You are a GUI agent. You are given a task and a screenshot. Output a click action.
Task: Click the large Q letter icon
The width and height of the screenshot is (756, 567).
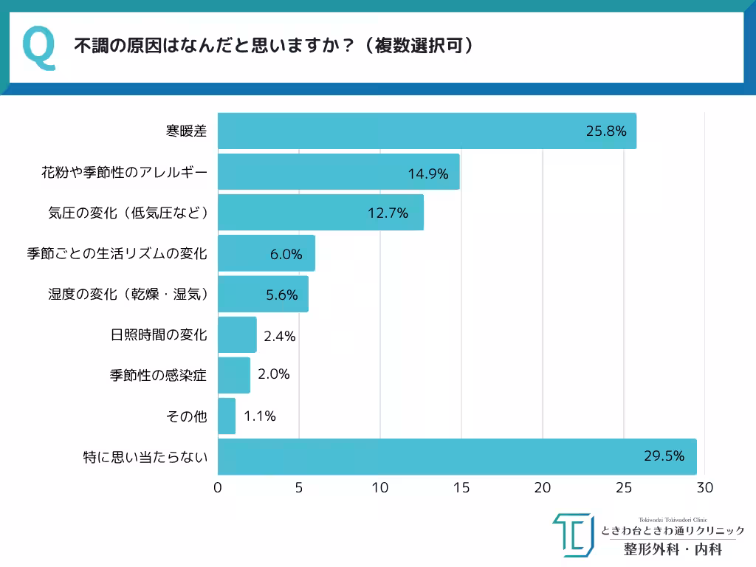click(x=39, y=47)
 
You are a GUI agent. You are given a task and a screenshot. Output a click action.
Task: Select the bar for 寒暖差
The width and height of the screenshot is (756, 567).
click(x=427, y=131)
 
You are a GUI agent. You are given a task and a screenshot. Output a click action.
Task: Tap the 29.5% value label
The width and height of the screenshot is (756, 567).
click(x=664, y=456)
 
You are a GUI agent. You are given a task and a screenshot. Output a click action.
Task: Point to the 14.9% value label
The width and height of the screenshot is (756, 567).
click(x=428, y=173)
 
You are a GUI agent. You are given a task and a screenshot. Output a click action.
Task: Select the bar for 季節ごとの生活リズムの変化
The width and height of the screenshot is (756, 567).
click(x=267, y=253)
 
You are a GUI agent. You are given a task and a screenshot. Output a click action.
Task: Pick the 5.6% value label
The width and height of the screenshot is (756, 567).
click(x=281, y=295)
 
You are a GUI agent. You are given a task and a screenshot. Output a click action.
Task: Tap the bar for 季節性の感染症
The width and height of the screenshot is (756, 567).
click(x=234, y=375)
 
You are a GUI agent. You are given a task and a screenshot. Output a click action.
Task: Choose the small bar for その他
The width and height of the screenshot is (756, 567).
click(x=227, y=416)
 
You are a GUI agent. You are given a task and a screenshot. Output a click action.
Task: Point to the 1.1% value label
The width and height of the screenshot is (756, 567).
click(x=260, y=416)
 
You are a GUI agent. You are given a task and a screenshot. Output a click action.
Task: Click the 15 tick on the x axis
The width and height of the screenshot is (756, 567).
click(x=461, y=488)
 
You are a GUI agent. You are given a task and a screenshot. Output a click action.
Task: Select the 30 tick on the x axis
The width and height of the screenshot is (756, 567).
click(x=705, y=488)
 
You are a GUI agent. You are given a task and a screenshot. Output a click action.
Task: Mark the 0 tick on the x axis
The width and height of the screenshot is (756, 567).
click(x=218, y=488)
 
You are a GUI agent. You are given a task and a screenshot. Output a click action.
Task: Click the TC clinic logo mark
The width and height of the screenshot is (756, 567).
click(x=573, y=535)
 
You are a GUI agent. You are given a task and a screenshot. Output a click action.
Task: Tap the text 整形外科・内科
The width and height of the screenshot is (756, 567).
click(x=672, y=549)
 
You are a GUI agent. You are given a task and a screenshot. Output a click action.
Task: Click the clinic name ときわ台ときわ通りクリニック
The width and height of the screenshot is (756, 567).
click(x=673, y=531)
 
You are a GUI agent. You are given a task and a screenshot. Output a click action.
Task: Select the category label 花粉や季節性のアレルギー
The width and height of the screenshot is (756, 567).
click(x=124, y=173)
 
